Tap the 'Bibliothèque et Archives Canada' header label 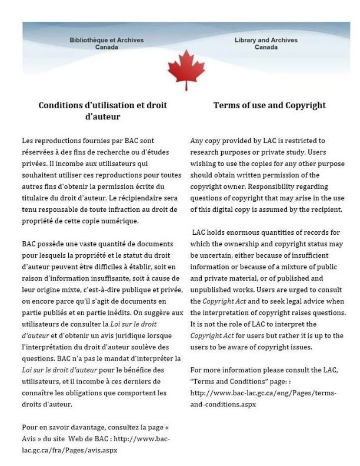click(x=106, y=44)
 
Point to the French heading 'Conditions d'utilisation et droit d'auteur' click(x=103, y=111)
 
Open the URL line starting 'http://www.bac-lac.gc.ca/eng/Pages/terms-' click(x=268, y=393)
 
